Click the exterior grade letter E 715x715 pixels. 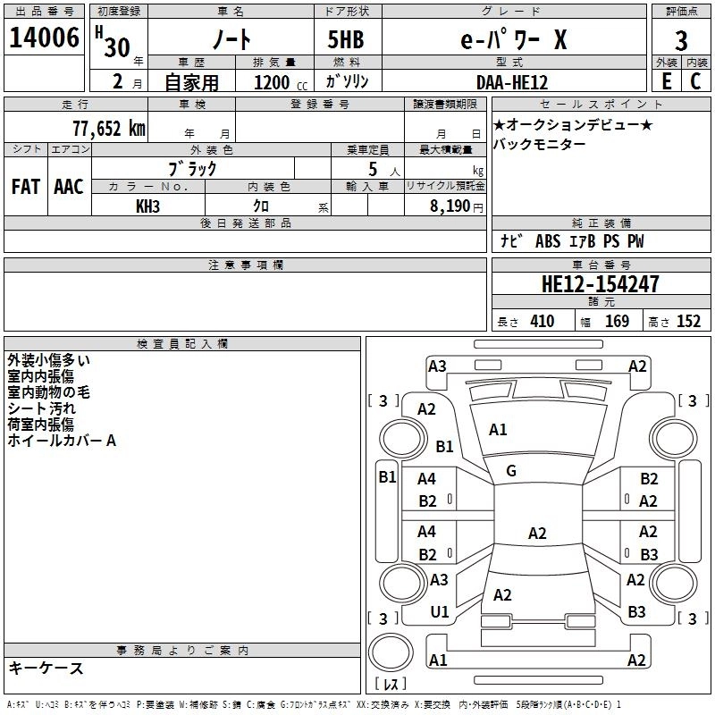click(x=666, y=81)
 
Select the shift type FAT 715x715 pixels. click(x=25, y=187)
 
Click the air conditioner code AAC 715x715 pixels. click(x=68, y=187)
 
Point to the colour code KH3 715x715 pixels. click(x=147, y=206)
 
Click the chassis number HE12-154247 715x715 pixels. click(x=600, y=284)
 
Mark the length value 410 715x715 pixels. click(x=542, y=322)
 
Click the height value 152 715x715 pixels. click(x=688, y=322)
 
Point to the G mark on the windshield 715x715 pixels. click(x=511, y=471)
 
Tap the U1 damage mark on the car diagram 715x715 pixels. click(x=439, y=612)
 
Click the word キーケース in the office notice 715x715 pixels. click(x=46, y=668)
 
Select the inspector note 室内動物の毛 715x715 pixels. click(x=48, y=392)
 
